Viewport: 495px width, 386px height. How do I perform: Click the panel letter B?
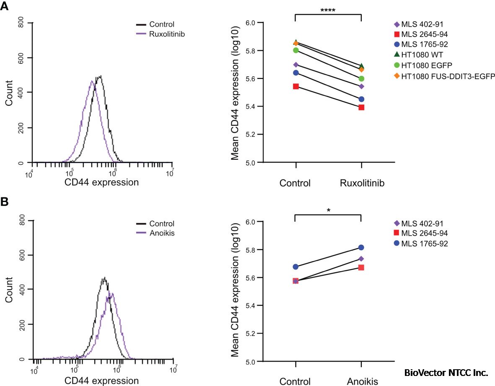click(5, 202)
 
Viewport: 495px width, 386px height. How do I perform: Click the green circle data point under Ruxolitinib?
click(361, 79)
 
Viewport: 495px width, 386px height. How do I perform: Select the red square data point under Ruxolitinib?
click(361, 107)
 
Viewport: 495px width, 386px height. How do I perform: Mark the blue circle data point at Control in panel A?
click(296, 73)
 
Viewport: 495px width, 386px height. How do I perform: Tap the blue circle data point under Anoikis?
click(361, 248)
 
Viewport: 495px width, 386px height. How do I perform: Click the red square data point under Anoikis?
click(361, 267)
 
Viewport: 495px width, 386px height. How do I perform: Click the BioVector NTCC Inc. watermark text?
click(446, 372)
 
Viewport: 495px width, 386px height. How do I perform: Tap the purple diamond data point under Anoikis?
click(361, 259)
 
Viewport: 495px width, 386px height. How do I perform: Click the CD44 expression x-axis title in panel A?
click(101, 182)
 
